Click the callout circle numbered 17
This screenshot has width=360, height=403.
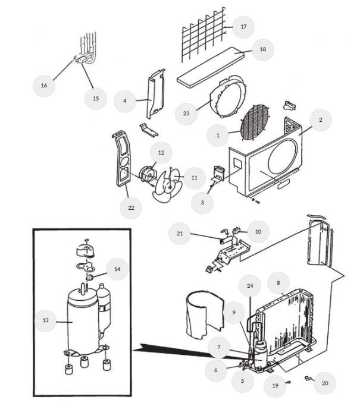[x=243, y=27]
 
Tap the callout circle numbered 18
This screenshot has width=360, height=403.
[x=262, y=49]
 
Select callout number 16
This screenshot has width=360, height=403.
[x=43, y=85]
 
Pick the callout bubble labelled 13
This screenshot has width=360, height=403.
[x=45, y=320]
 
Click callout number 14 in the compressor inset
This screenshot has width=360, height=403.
[x=117, y=269]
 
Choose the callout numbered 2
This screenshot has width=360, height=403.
[x=321, y=119]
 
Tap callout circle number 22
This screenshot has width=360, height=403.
[x=131, y=207]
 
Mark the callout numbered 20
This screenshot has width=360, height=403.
[x=325, y=383]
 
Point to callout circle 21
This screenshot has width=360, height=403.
[x=180, y=234]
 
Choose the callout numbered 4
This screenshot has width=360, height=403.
[x=124, y=101]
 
